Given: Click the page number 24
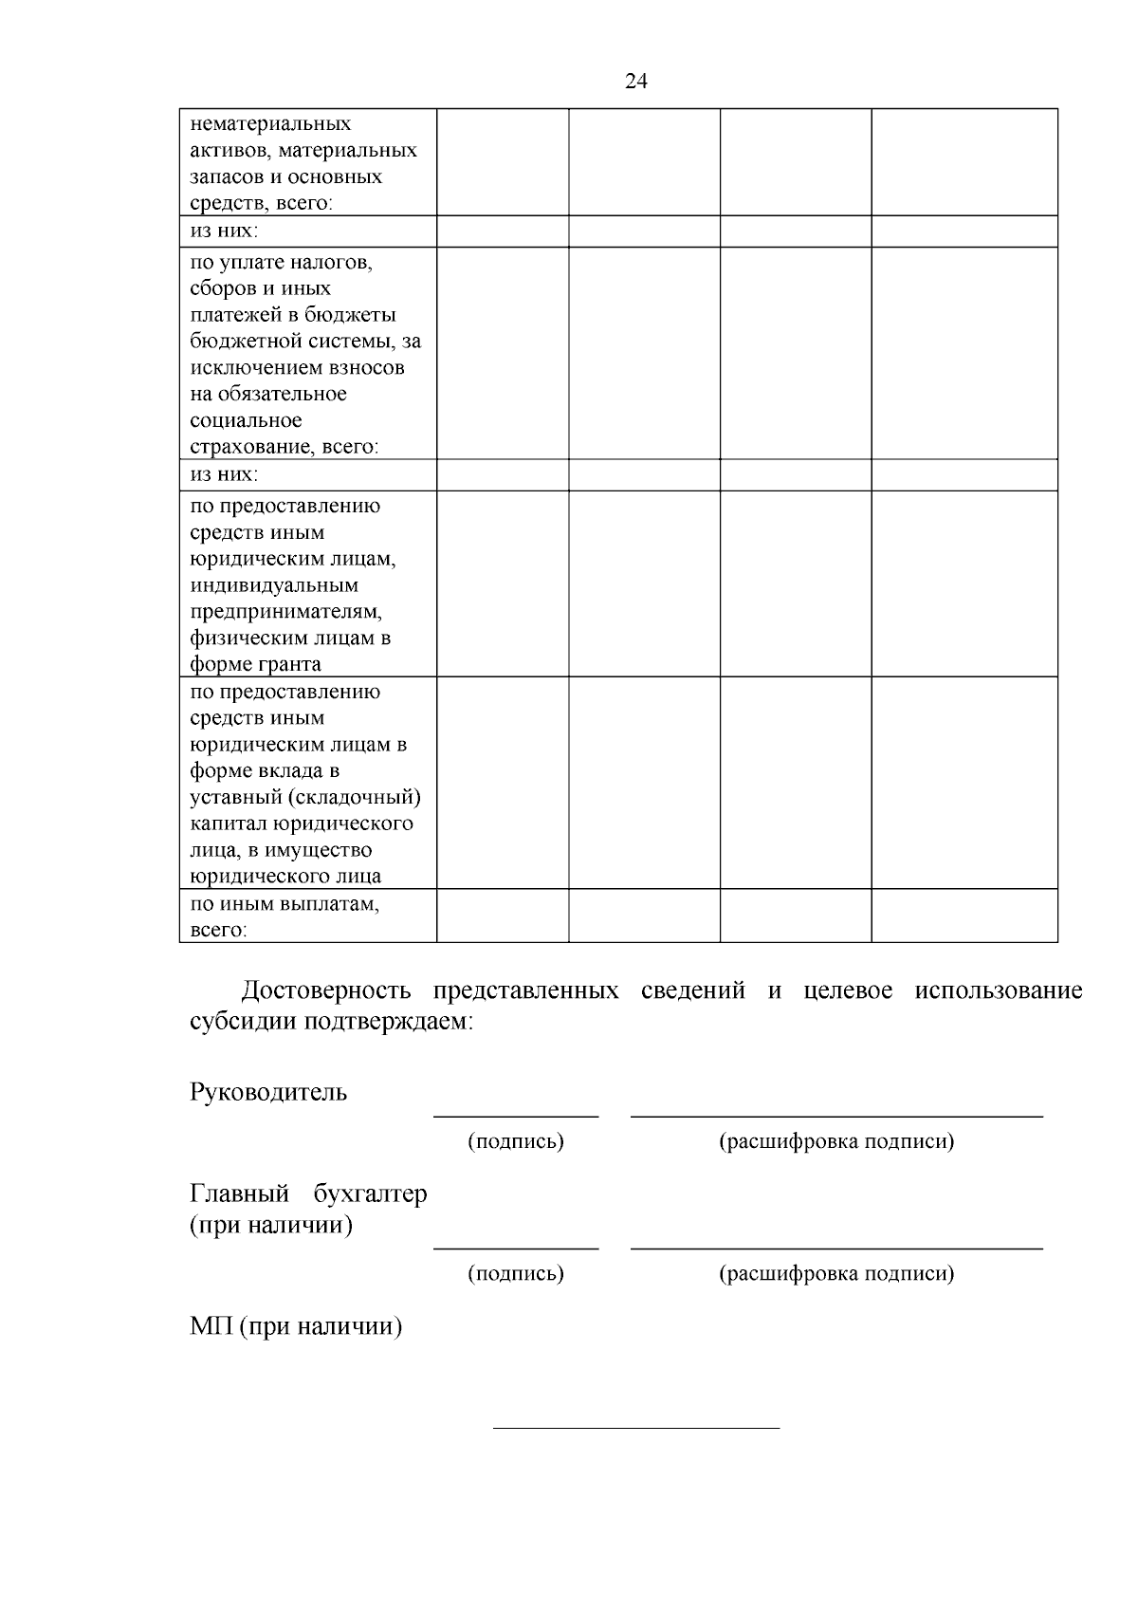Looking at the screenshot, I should point(635,82).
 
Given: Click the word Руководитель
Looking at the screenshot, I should point(268,1093).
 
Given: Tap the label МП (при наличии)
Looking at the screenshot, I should point(296,1326).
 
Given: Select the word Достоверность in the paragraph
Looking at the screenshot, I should point(325,991).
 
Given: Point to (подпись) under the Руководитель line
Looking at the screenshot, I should point(516,1141).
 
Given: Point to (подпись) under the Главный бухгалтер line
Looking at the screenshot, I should point(516,1273).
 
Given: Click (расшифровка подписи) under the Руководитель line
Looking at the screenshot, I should point(836,1141).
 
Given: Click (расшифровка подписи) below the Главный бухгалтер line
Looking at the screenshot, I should point(836,1273).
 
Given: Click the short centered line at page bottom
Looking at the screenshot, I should point(635,1428).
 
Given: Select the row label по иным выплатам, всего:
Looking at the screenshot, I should point(284,916).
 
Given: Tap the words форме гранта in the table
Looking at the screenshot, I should point(255,664).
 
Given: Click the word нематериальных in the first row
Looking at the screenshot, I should point(270,124).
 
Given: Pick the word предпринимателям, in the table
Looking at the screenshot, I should point(285,612).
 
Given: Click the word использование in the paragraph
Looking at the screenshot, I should point(998,991).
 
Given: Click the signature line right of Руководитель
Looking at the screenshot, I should point(516,1116).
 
